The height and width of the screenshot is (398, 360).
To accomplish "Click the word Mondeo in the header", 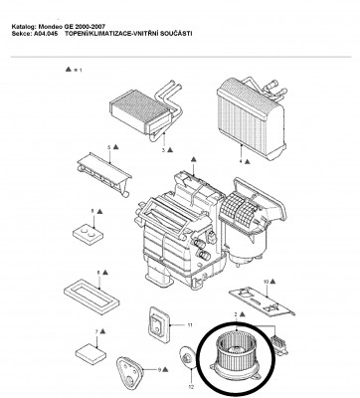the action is click(x=50, y=27).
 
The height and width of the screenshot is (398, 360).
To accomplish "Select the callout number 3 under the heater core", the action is click(x=163, y=150).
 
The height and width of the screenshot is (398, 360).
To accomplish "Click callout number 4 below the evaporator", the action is click(x=241, y=161).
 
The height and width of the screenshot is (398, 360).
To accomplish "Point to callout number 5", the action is click(x=108, y=147).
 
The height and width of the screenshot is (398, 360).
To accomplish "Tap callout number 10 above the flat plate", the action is click(x=266, y=282).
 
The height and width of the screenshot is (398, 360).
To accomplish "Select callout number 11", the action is click(x=190, y=325).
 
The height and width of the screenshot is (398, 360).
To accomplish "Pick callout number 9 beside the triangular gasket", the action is click(x=159, y=369).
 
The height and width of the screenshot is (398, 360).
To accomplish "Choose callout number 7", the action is click(x=96, y=331).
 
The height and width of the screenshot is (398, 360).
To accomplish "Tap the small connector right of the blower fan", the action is click(x=279, y=345).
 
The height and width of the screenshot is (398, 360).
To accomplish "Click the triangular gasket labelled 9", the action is click(x=129, y=371).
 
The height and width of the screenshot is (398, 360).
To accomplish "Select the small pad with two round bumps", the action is click(x=88, y=233).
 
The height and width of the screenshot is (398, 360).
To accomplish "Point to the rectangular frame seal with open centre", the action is click(x=91, y=298).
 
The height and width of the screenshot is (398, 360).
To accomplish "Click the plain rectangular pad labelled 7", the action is click(x=90, y=354).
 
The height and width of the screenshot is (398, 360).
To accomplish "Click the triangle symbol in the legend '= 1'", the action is click(x=68, y=70).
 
